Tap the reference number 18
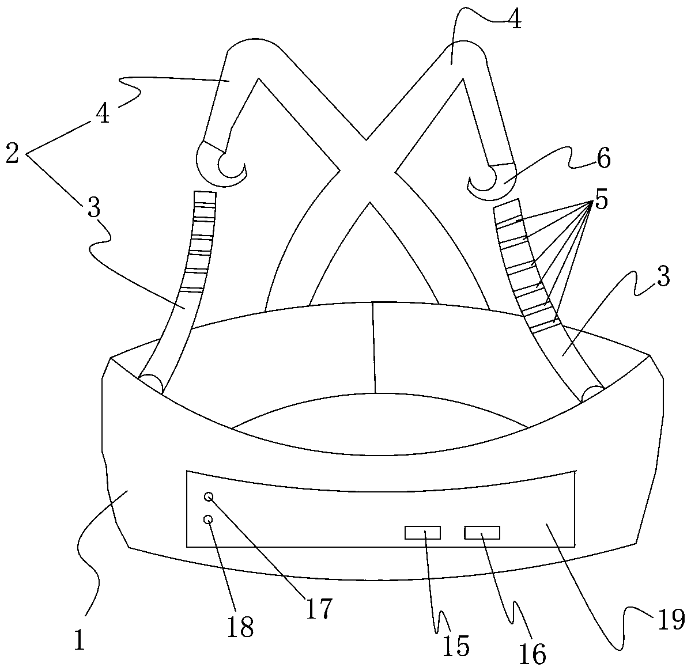pyautogui.click(x=240, y=627)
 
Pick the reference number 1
pyautogui.click(x=80, y=640)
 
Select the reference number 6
pyautogui.click(x=603, y=160)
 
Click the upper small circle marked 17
pyautogui.click(x=209, y=496)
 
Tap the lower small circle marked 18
pyautogui.click(x=209, y=520)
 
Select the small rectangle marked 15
pyautogui.click(x=422, y=533)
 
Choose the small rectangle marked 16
pyautogui.click(x=482, y=533)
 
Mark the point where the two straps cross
pyautogui.click(x=367, y=170)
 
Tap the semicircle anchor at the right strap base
pyautogui.click(x=592, y=393)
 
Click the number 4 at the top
pyautogui.click(x=515, y=20)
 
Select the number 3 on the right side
pyautogui.click(x=663, y=278)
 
